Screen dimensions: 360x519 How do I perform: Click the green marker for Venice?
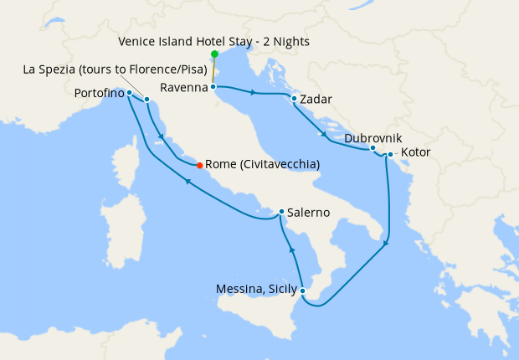(214, 54)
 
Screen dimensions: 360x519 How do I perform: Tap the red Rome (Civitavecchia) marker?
(198, 165)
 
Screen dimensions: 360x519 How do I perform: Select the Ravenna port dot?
(213, 86)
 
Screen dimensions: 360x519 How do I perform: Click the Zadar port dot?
(294, 99)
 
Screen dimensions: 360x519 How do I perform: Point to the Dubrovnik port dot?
(373, 148)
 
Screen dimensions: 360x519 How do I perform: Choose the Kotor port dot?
(390, 154)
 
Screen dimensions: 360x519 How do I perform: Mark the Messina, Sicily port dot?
(302, 291)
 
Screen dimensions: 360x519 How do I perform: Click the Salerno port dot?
(281, 212)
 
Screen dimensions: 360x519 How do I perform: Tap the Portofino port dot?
(129, 93)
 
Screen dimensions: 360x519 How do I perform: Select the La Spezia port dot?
(146, 100)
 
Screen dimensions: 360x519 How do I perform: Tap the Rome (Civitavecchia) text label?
(262, 165)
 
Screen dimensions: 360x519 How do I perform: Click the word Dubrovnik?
(373, 136)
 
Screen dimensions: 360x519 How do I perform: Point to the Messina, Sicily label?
(256, 290)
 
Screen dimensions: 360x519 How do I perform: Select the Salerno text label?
(308, 213)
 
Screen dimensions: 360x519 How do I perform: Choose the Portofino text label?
(99, 93)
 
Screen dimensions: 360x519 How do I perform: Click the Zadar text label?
(317, 99)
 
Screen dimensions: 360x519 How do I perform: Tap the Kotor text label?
(416, 153)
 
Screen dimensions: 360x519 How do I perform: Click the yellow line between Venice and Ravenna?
(213, 71)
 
